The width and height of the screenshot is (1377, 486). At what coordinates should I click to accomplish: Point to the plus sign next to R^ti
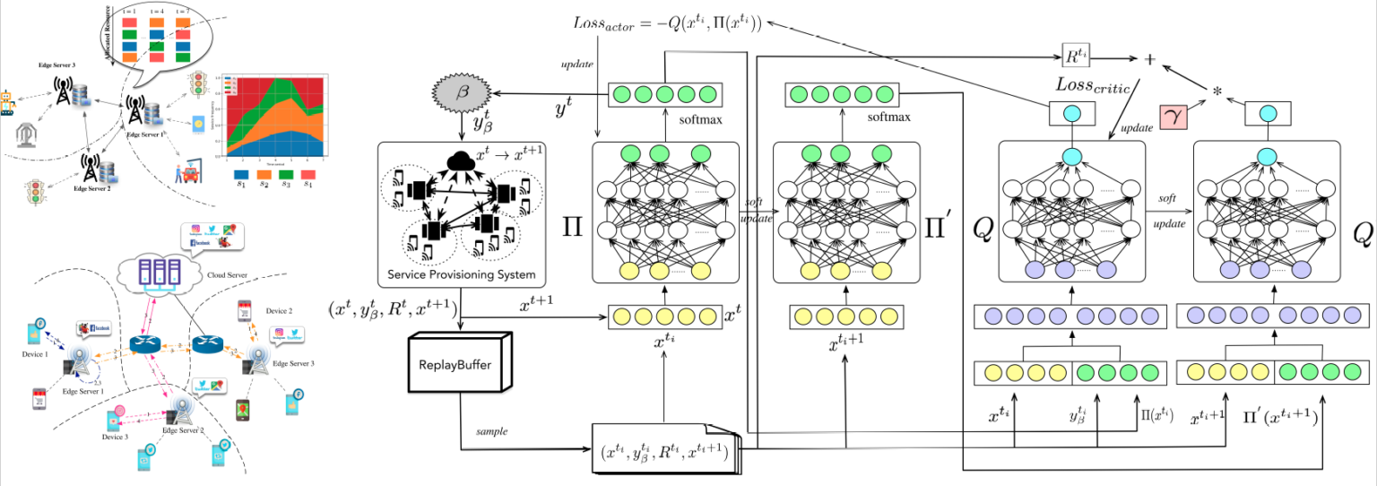[x=1150, y=58]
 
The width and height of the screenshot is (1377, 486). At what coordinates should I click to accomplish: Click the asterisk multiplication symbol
[x=1217, y=92]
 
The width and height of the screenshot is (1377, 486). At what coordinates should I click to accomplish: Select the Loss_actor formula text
[x=667, y=23]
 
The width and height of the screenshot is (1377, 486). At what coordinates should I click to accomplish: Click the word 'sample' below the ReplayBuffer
[x=491, y=431]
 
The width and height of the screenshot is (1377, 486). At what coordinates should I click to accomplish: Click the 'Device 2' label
[x=279, y=310]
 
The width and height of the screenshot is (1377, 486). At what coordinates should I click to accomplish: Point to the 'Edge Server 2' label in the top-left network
[x=92, y=189]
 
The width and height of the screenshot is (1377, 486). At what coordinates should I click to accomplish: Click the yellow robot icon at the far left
[x=8, y=102]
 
